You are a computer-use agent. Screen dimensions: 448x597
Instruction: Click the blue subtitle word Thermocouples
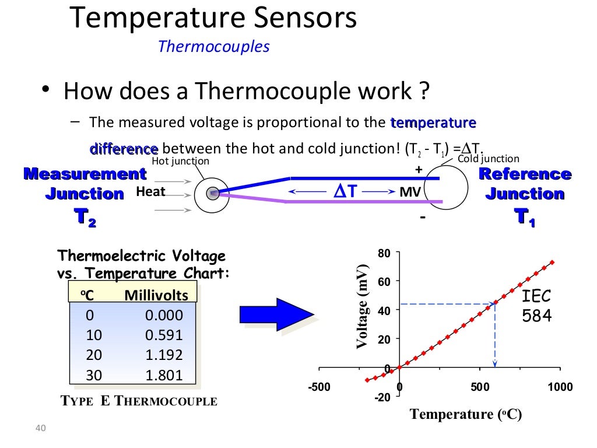[213, 46]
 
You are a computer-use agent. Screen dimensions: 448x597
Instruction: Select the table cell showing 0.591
[164, 335]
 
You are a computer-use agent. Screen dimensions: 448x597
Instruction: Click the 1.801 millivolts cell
[164, 375]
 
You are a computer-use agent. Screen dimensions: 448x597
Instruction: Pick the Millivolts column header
[156, 296]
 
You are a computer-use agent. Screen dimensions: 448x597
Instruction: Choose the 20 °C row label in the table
[94, 355]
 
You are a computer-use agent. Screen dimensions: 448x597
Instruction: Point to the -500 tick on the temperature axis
[319, 387]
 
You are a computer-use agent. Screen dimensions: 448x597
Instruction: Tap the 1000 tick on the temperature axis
[560, 387]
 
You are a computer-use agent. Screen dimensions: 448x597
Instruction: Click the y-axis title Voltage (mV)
[363, 307]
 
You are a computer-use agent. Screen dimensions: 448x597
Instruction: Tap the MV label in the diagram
[410, 191]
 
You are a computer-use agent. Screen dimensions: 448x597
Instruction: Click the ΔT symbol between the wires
[344, 191]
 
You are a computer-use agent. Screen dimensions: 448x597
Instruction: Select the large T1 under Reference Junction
[525, 217]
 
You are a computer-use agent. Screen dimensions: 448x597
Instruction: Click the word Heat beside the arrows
[150, 191]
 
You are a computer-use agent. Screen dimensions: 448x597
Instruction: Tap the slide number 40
[40, 429]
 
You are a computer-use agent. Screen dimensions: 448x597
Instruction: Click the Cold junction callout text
[488, 158]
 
